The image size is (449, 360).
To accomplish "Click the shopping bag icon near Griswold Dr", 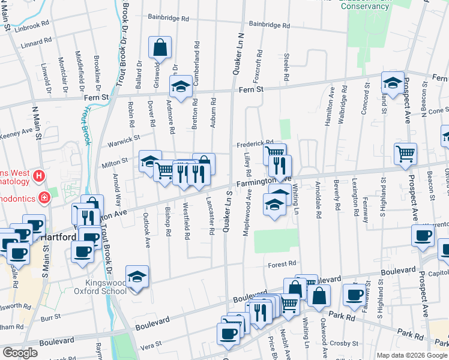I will pos(160,47).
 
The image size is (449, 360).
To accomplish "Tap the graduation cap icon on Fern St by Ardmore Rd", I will pos(180,86).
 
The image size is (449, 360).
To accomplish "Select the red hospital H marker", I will pos(39,176).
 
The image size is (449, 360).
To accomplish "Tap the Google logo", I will pos(20,353).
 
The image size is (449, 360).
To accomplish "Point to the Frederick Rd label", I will pos(255,144).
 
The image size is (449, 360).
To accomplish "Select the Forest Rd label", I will pos(282,263).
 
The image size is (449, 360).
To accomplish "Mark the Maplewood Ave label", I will pos(247,213).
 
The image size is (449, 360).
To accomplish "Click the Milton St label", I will pos(118,161).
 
